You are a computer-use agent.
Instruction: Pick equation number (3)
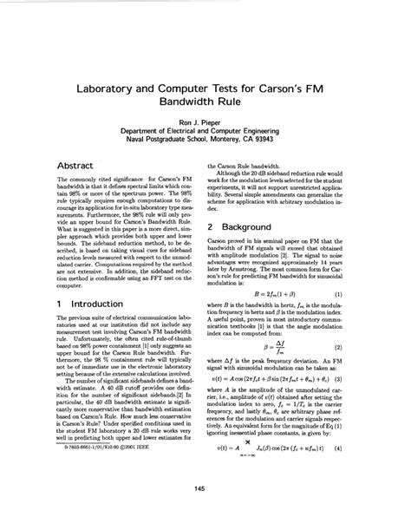coord(363,379)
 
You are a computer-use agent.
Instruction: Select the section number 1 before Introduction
coord(58,305)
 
